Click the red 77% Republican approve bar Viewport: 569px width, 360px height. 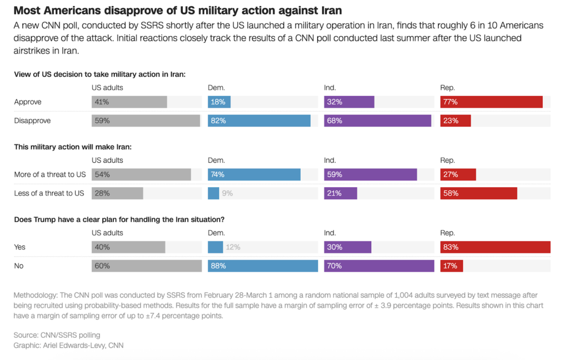pos(491,102)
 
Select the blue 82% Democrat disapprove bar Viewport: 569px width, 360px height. pos(259,121)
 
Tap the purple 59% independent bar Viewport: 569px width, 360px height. pos(370,174)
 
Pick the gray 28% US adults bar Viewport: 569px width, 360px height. pos(117,193)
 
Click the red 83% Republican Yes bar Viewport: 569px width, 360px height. pos(495,247)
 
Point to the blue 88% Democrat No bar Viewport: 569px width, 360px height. pos(263,266)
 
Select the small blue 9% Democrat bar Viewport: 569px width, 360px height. pos(213,193)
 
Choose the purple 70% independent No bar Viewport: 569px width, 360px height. pos(379,266)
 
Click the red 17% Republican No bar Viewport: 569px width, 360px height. pos(451,266)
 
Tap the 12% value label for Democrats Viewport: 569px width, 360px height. pos(233,247)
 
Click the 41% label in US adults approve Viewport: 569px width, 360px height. pos(102,102)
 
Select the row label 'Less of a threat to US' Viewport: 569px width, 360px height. pos(49,193)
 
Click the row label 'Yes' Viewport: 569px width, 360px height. pos(20,247)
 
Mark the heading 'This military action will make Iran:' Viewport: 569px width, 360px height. pos(72,147)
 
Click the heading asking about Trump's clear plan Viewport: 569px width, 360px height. pos(119,219)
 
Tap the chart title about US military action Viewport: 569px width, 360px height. pos(177,11)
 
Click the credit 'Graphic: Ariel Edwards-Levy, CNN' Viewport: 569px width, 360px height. pos(68,346)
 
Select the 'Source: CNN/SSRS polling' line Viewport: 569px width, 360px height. pos(57,335)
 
